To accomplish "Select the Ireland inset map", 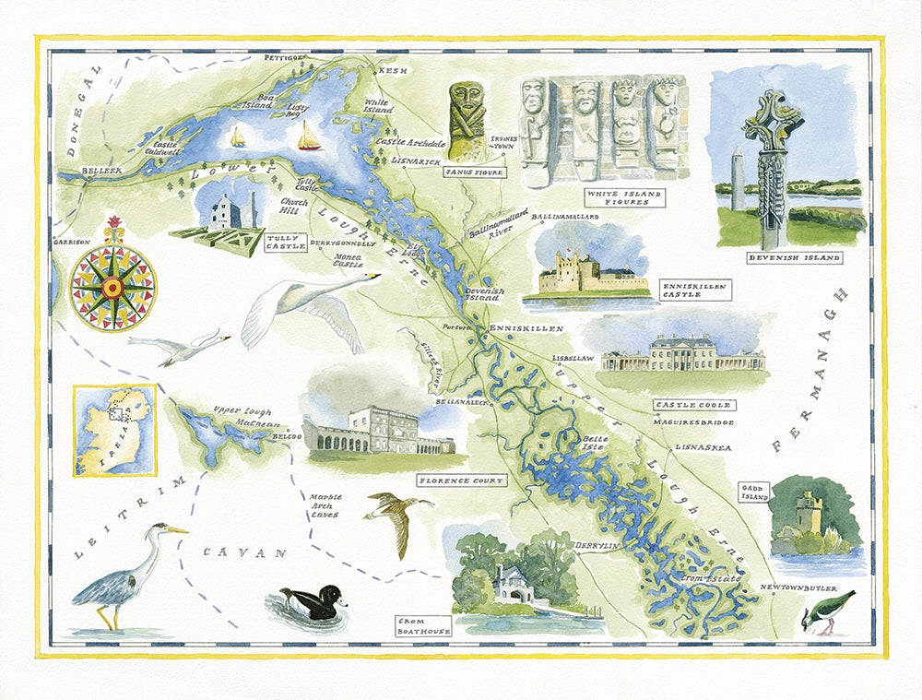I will tap(114, 430).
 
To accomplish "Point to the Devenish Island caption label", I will tap(795, 258).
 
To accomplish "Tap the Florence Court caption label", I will tap(461, 481).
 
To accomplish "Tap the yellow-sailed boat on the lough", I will tap(238, 137).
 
